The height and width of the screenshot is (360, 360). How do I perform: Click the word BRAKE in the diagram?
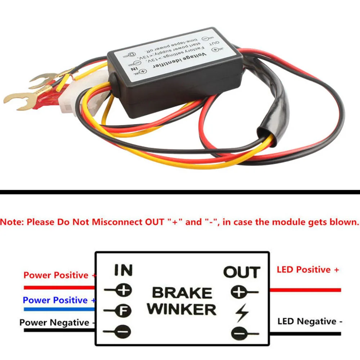pyautogui.click(x=182, y=293)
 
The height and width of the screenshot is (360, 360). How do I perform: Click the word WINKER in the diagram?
pyautogui.click(x=182, y=309)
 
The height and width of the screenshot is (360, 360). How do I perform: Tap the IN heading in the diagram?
pyautogui.click(x=123, y=270)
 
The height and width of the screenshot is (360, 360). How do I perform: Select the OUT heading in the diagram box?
pyautogui.click(x=241, y=272)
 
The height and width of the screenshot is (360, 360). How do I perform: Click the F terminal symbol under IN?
pyautogui.click(x=123, y=310)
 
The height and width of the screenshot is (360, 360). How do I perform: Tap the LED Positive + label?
pyautogui.click(x=308, y=270)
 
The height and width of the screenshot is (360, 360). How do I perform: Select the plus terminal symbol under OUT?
pyautogui.click(x=240, y=292)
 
